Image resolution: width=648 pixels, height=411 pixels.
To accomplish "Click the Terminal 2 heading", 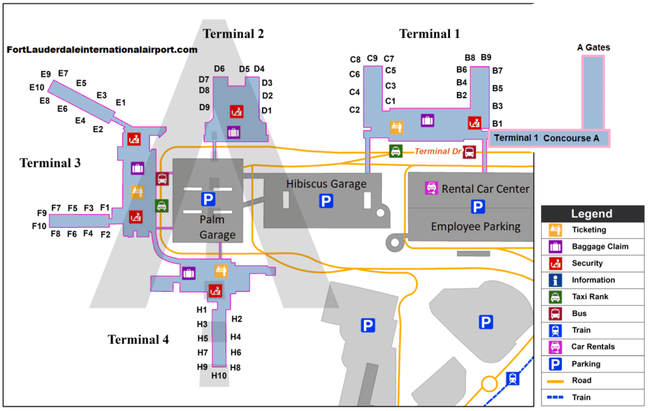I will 233,34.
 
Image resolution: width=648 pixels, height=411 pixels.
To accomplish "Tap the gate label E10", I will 37,87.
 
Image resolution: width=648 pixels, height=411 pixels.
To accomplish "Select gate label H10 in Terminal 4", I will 220,376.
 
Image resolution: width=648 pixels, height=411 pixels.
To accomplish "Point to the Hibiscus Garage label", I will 326,184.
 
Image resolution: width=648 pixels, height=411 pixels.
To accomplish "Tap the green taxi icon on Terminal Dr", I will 396,151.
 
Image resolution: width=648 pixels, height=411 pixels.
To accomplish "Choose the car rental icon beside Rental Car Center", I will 431,187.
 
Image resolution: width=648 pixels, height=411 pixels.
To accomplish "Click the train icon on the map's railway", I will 513,378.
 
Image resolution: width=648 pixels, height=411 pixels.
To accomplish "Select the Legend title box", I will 592,214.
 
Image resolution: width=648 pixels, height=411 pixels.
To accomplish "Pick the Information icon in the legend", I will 555,280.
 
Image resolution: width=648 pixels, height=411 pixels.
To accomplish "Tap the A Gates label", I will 594,47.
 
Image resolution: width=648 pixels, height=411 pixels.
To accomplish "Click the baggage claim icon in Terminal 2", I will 234,132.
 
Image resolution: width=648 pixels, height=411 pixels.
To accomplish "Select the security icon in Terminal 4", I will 215,291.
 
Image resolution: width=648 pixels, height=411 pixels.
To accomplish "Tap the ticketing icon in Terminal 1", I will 397,127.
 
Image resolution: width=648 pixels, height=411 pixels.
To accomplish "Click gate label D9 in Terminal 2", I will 204,108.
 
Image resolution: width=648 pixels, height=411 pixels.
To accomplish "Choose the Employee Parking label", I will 475,226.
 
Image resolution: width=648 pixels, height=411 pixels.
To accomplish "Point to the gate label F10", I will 39,226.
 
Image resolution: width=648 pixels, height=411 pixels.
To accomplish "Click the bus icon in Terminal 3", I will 162,179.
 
